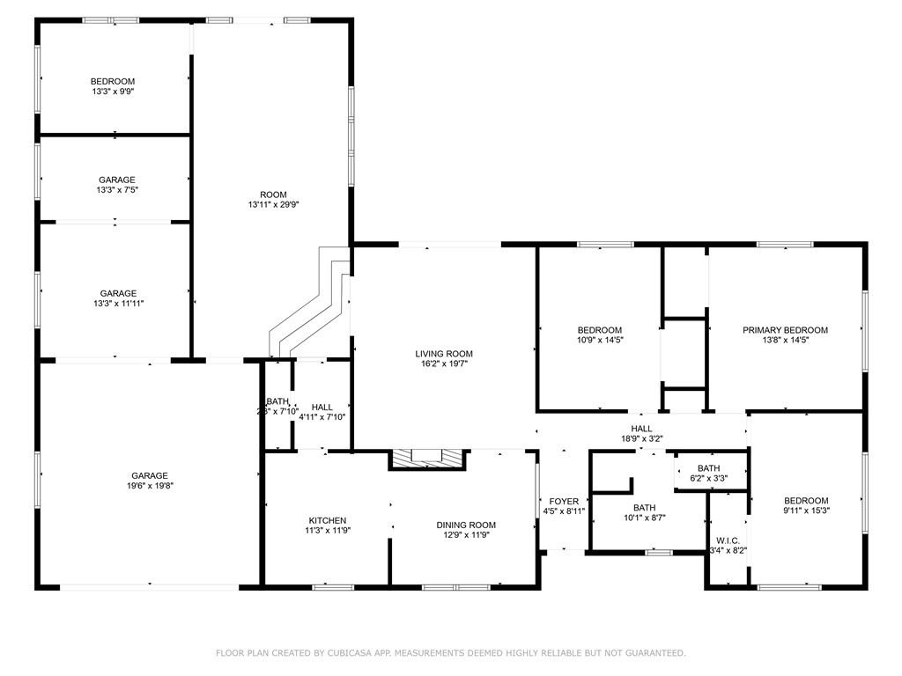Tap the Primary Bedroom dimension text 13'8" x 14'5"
point(785,340)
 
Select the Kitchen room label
point(327,520)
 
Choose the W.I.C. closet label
point(728,540)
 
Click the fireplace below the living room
point(427,458)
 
